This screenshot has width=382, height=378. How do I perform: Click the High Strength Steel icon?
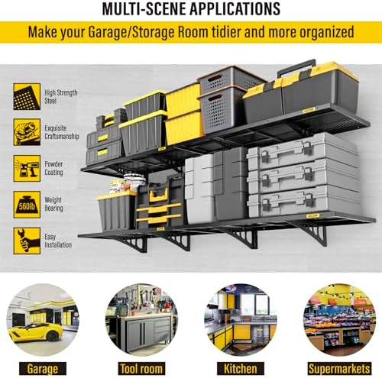(27, 96)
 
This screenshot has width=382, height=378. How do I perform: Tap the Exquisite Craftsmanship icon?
(27, 132)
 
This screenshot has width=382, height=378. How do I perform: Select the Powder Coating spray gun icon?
(27, 168)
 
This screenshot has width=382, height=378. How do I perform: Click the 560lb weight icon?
(27, 205)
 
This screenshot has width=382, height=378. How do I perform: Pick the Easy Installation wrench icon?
(27, 241)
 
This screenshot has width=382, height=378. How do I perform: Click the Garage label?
(43, 369)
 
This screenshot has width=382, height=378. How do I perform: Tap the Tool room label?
(141, 369)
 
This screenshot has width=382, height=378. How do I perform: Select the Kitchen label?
(241, 369)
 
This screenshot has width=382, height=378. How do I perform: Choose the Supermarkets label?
(339, 369)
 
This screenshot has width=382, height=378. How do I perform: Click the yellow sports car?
(36, 332)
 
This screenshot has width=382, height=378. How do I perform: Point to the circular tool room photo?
(141, 320)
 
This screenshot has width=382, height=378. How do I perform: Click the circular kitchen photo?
(241, 320)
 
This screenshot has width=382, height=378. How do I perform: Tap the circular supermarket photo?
(339, 320)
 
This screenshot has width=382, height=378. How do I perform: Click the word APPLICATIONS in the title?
(235, 9)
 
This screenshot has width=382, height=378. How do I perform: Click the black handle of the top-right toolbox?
(296, 66)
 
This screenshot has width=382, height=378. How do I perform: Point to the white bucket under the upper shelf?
(134, 182)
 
